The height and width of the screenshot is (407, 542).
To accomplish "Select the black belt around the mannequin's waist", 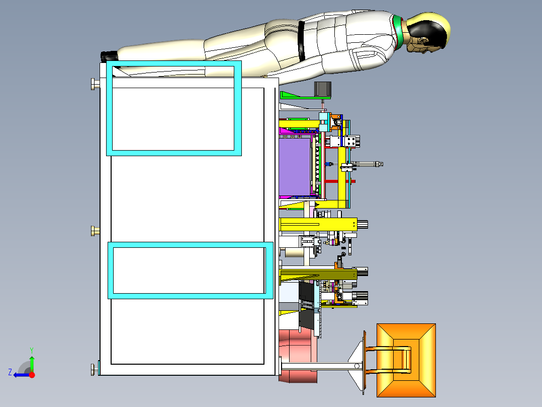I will click(302, 40).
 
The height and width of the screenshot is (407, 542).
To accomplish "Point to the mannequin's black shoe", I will click(109, 55).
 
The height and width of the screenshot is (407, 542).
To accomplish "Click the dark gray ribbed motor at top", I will click(322, 90).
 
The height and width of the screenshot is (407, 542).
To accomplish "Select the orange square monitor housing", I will click(406, 360).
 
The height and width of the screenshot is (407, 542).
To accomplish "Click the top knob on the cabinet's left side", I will click(94, 84).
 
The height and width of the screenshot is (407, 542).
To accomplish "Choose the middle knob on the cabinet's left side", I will click(94, 231).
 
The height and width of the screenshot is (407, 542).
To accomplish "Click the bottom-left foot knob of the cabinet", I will click(94, 370).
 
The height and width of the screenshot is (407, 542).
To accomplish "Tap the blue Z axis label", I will click(10, 372).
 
